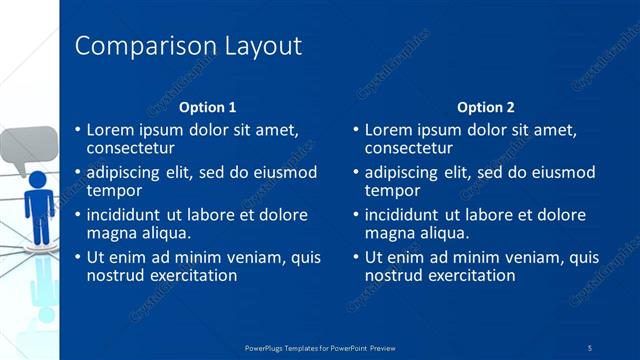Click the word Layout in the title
(x=255, y=46)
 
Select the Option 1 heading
(x=207, y=107)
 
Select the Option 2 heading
(x=485, y=107)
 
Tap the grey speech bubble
(x=24, y=148)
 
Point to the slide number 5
(x=590, y=347)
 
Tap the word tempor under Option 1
(x=113, y=190)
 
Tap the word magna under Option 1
(x=112, y=233)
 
